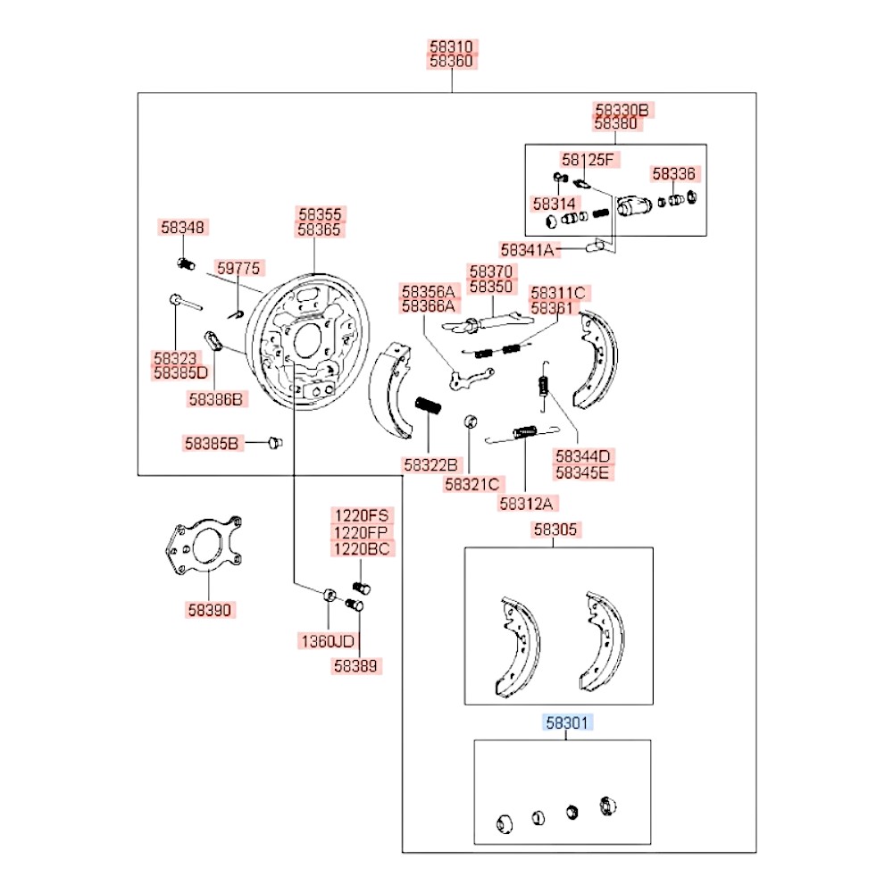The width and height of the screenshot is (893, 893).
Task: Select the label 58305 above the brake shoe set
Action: pos(556,530)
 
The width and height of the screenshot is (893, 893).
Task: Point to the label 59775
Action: pos(238,268)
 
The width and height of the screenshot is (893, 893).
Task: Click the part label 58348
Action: pos(183,228)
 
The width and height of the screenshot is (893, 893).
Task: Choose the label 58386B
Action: pos(215,399)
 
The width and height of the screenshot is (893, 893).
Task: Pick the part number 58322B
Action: pos(430,464)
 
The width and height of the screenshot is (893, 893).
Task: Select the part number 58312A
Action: pos(526,504)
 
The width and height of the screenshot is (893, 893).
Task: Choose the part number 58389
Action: pos(357,665)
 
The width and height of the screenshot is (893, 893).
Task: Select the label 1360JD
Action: pos(326,641)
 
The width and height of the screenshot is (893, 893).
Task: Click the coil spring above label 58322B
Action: pos(429,406)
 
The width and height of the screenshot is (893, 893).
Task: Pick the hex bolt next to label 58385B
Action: pos(273,442)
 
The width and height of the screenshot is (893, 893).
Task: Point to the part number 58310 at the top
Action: pos(452,46)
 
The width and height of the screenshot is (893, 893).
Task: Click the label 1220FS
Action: pos(362,515)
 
